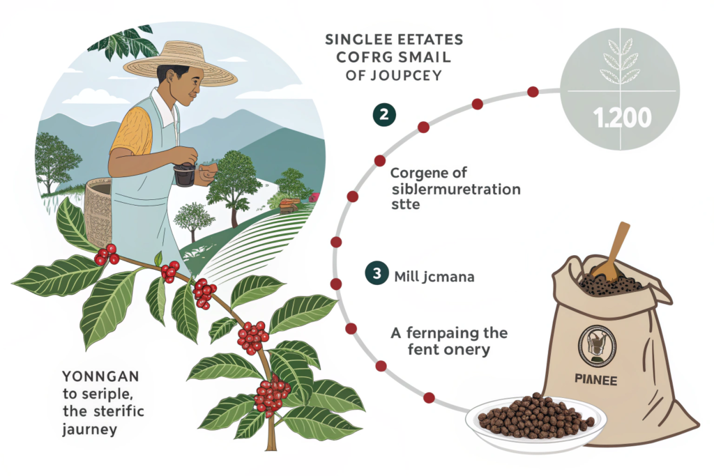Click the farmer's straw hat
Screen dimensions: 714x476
181,63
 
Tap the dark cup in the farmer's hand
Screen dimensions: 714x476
185,174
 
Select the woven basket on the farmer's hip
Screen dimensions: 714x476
98,212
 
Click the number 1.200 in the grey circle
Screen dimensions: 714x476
622,118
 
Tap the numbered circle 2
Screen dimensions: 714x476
384,114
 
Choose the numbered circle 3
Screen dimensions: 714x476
377,273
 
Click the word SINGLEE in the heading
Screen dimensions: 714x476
355,40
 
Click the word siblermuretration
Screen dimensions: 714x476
456,189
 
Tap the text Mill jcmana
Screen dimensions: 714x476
434,277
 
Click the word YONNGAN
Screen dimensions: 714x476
100,376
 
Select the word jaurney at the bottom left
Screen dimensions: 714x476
90,429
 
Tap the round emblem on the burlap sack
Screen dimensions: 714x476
597,345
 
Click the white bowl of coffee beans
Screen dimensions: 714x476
535,421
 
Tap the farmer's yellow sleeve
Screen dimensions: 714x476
131,129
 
